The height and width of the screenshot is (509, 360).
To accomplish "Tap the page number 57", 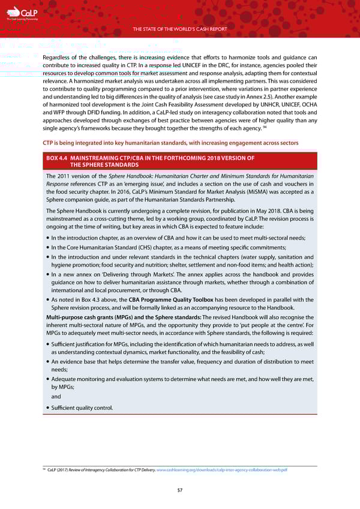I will click(179, 490).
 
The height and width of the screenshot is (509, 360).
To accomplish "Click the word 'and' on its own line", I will click(56, 396).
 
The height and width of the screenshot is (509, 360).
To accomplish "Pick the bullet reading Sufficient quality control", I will click(82, 409).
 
